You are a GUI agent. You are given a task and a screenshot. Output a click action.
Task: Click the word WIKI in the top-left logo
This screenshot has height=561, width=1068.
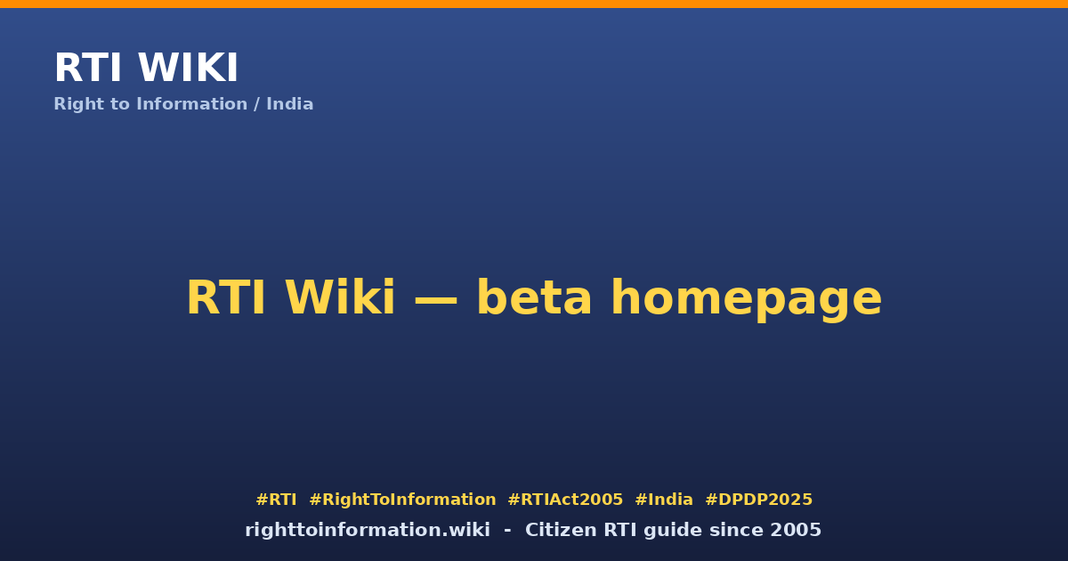(x=188, y=68)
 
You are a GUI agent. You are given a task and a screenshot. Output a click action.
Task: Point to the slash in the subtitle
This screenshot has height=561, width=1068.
(x=256, y=104)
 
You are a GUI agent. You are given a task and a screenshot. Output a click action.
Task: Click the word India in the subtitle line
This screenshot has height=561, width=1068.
(x=290, y=104)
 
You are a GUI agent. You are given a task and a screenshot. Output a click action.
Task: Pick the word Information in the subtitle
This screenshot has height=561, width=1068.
(x=191, y=104)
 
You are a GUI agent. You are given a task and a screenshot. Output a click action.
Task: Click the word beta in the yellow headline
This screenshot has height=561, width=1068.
(x=534, y=297)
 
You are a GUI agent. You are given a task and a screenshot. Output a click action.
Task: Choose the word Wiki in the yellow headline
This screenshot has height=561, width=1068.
(x=340, y=297)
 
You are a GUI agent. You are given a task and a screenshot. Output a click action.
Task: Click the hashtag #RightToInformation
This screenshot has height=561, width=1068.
(x=402, y=500)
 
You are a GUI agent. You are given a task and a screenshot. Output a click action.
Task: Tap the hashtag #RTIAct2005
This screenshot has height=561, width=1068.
(x=565, y=500)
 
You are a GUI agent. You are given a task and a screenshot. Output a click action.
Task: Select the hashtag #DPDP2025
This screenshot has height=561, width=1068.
(x=758, y=500)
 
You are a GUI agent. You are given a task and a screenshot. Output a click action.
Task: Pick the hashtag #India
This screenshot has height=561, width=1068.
(x=664, y=500)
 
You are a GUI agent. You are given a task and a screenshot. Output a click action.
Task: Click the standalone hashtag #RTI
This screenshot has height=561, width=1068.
(x=276, y=500)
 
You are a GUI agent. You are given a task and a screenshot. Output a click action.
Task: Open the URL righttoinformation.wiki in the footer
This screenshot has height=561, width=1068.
(x=368, y=531)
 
